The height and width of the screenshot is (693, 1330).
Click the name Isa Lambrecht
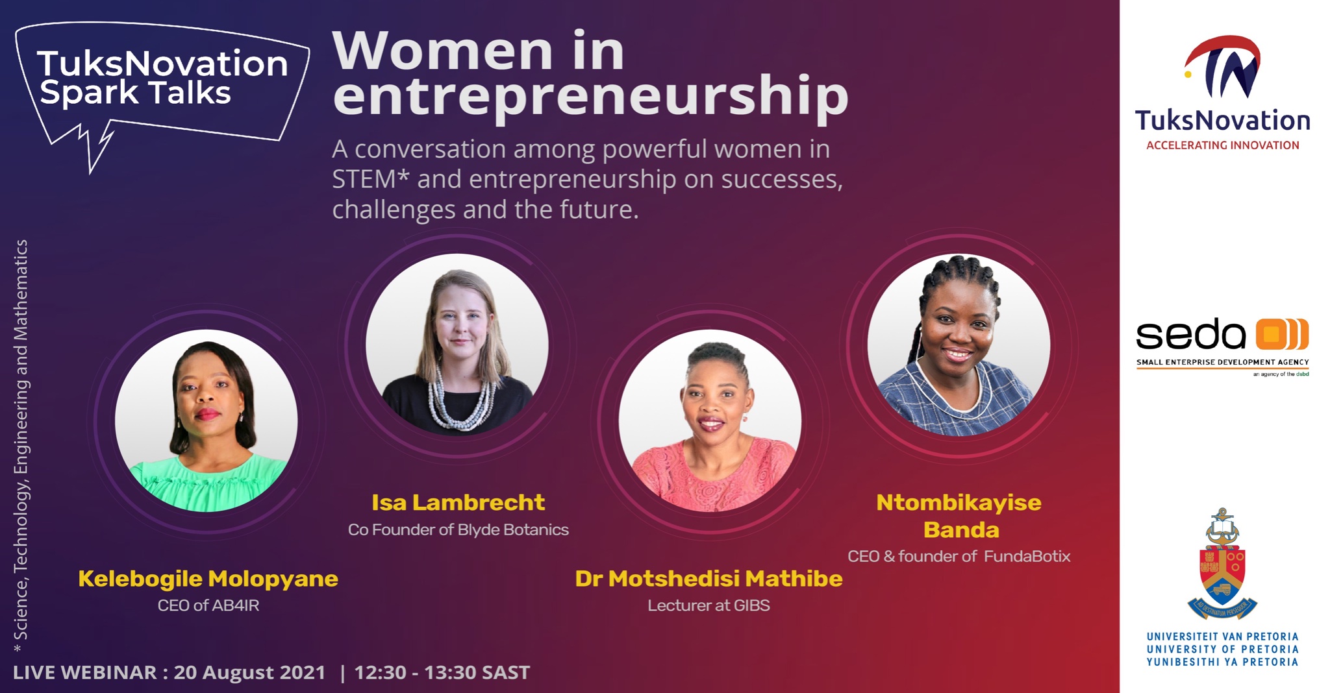click(458, 502)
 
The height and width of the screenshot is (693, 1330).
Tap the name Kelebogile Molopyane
click(208, 579)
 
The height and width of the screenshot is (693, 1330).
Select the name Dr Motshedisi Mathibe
click(709, 579)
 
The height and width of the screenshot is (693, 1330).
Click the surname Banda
click(961, 529)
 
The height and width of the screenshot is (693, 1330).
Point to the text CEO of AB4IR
click(208, 605)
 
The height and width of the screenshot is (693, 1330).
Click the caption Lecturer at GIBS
click(709, 605)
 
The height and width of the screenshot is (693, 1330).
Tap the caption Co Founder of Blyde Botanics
click(458, 529)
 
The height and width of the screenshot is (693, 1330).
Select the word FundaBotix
click(1027, 556)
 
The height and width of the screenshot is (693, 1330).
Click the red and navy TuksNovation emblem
click(1223, 67)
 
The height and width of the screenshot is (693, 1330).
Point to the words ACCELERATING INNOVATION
click(1222, 145)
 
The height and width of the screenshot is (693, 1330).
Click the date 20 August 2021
click(249, 673)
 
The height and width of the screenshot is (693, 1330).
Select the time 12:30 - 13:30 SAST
click(442, 673)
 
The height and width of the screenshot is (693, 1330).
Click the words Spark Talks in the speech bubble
click(135, 93)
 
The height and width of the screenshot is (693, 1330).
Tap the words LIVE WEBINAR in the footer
click(85, 673)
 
